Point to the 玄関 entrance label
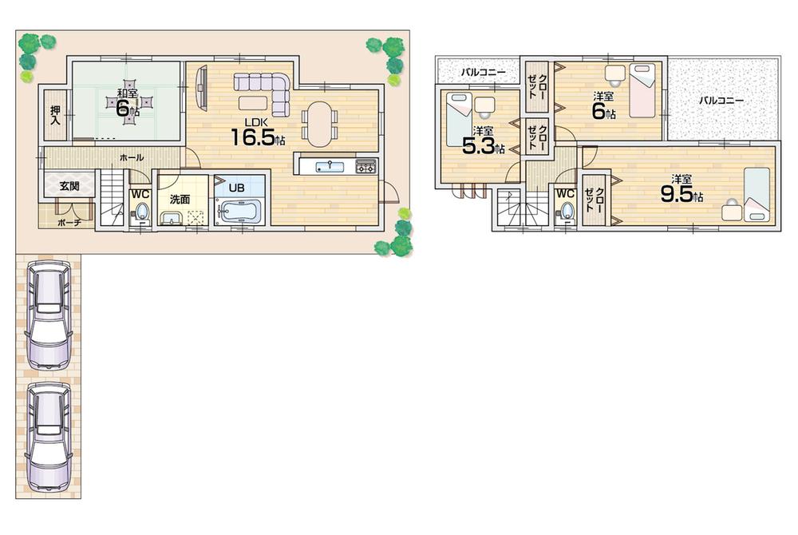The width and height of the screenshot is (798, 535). click(x=69, y=186)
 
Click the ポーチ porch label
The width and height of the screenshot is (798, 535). click(x=69, y=223)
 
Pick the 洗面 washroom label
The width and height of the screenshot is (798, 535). click(x=178, y=200)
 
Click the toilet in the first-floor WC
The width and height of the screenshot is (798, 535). click(x=141, y=212)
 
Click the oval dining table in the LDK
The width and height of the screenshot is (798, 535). click(x=319, y=124)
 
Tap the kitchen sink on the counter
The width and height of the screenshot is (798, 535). click(x=329, y=167)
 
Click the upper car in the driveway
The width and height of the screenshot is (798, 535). click(x=48, y=315)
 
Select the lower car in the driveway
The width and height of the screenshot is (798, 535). click(x=48, y=436)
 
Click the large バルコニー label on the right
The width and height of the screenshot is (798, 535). click(x=721, y=101)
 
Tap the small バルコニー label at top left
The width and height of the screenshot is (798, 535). click(x=483, y=72)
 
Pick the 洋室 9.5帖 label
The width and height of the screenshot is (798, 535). click(x=681, y=188)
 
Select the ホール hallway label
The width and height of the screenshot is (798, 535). click(x=131, y=158)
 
